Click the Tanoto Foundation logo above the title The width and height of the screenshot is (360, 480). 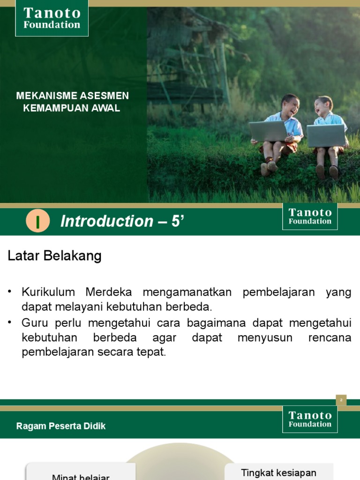tap(52, 18)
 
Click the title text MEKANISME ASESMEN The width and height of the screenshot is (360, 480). tap(73, 96)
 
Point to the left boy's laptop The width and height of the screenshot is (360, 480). tap(268, 131)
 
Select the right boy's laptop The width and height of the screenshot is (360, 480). tap(326, 135)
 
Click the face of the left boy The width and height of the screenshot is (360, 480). tap(290, 106)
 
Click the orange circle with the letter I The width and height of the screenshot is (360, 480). tap(38, 221)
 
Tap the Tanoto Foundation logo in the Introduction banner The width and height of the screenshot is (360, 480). tap(310, 217)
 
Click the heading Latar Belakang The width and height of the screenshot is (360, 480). tap(54, 256)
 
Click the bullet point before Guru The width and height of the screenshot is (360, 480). tap(10, 322)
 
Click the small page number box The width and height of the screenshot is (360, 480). tap(341, 400)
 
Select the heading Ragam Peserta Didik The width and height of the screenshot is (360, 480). tap(61, 426)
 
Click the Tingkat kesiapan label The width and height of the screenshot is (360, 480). tap(278, 472)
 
